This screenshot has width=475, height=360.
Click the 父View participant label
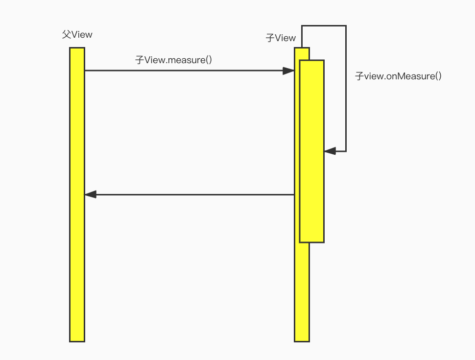pyautogui.click(x=77, y=35)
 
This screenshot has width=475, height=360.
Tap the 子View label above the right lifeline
pyautogui.click(x=281, y=38)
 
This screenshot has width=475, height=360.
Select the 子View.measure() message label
pyautogui.click(x=173, y=60)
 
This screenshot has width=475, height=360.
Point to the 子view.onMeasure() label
pyautogui.click(x=398, y=76)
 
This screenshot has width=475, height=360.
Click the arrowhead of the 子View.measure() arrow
pyautogui.click(x=288, y=71)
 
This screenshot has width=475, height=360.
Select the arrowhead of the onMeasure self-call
pyautogui.click(x=330, y=151)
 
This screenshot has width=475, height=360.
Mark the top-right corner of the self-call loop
pyautogui.click(x=346, y=26)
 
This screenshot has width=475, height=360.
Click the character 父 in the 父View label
pyautogui.click(x=67, y=35)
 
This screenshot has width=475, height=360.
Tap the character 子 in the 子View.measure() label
pyautogui.click(x=140, y=60)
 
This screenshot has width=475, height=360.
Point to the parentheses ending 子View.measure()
pyautogui.click(x=208, y=60)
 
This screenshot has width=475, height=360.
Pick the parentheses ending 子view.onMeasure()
pyautogui.click(x=438, y=76)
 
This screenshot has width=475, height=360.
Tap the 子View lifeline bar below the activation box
pyautogui.click(x=302, y=294)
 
